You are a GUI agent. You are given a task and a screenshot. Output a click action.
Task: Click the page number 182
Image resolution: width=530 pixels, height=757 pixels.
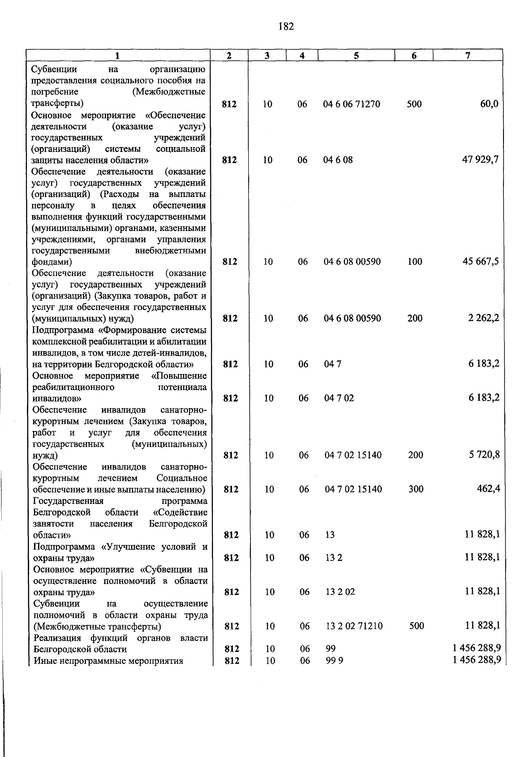tap(286, 27)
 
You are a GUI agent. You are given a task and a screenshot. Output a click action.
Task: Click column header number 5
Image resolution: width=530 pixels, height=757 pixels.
tap(356, 55)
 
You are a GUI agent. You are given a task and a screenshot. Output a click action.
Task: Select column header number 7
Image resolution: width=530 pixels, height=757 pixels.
tap(468, 55)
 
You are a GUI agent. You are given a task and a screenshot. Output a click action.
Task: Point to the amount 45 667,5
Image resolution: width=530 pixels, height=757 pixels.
tap(481, 261)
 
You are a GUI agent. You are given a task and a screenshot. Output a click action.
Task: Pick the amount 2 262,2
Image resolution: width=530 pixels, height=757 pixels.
tap(484, 318)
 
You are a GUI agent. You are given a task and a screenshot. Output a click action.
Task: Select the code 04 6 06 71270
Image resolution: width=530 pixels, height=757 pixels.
tap(352, 104)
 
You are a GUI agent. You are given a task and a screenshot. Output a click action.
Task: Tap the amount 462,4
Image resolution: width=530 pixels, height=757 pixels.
tap(488, 489)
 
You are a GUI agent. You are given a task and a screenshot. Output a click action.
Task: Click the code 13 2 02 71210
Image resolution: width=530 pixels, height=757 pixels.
tap(354, 626)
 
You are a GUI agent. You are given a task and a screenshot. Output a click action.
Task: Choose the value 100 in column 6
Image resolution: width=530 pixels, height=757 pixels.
tap(415, 261)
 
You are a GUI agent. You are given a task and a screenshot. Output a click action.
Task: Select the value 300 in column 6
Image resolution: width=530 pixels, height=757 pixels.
tap(416, 489)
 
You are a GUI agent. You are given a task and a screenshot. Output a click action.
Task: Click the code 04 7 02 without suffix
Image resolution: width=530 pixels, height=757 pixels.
tap(339, 398)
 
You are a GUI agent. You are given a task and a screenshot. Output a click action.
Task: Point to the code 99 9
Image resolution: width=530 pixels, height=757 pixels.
tap(332, 661)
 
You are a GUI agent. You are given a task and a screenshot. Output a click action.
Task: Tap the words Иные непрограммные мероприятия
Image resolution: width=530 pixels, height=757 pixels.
tap(108, 661)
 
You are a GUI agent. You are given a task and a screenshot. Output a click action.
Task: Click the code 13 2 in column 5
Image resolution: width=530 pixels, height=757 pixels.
tap(334, 558)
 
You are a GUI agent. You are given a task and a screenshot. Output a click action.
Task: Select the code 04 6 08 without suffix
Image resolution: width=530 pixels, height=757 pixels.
tap(338, 160)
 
